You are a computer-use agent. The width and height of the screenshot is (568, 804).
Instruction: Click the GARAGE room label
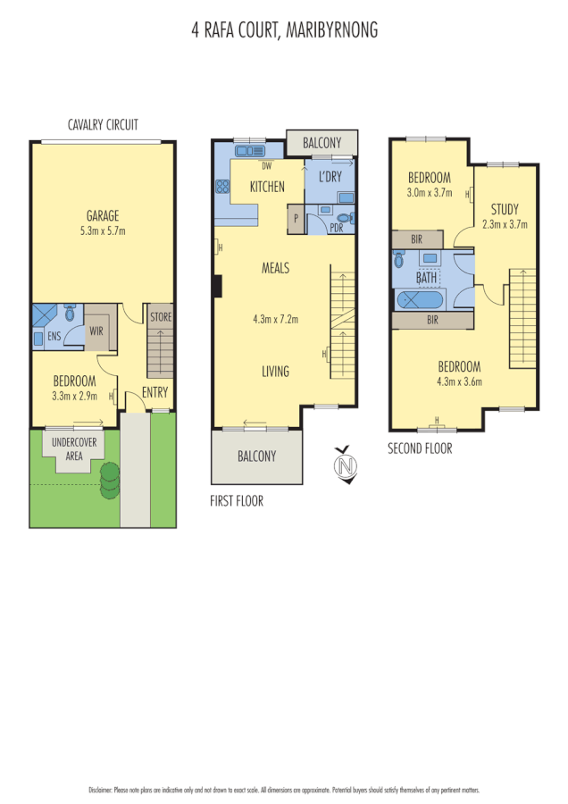click(x=103, y=215)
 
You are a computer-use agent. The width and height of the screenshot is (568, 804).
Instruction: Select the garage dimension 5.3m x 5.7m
click(x=103, y=230)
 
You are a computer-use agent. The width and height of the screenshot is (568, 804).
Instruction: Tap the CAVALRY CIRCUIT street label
click(x=103, y=125)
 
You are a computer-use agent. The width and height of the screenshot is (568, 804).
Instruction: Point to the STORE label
click(x=161, y=316)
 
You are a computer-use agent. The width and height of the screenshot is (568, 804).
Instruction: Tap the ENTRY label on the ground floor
click(x=155, y=392)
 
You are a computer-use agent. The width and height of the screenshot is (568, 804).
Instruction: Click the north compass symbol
click(x=346, y=465)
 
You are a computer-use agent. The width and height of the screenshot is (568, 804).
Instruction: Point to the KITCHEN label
click(x=267, y=187)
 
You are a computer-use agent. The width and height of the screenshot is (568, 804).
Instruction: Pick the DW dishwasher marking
click(x=266, y=166)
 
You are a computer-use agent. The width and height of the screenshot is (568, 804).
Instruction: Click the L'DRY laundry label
click(x=330, y=177)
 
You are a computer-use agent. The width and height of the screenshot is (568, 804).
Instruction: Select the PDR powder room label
click(x=336, y=227)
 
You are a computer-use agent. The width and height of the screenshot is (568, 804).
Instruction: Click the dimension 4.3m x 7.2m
click(x=274, y=319)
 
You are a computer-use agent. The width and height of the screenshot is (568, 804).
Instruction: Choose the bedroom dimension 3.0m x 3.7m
click(x=429, y=192)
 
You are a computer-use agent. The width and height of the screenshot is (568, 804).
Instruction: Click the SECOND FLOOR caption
click(x=420, y=448)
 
